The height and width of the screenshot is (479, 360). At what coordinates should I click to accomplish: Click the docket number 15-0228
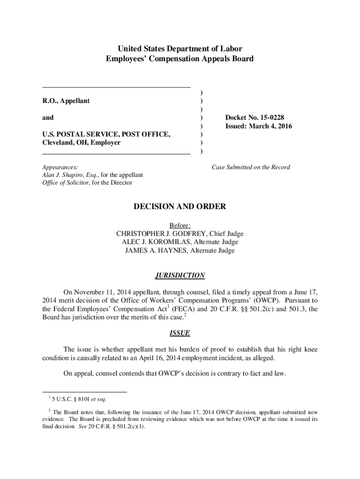click(x=265, y=117)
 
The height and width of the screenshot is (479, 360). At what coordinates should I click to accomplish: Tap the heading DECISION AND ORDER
click(x=180, y=206)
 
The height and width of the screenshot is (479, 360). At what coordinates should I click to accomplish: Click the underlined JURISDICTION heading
click(x=180, y=276)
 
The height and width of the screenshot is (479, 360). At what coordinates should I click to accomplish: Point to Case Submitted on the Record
click(x=251, y=167)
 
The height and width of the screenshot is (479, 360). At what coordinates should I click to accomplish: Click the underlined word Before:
click(x=180, y=225)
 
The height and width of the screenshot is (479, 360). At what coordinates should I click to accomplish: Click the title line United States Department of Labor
click(x=180, y=49)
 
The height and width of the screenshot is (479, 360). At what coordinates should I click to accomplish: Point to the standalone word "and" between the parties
click(x=48, y=117)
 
